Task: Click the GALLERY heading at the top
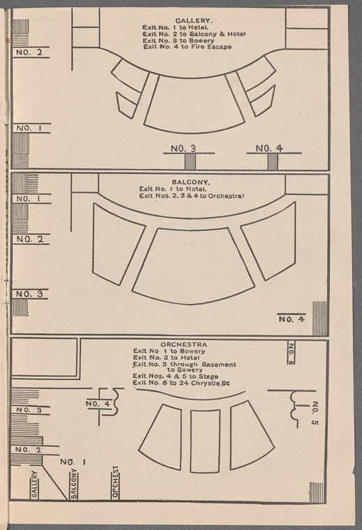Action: [193, 21]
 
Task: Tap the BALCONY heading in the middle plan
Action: [191, 182]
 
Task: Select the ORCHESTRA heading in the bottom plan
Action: [183, 344]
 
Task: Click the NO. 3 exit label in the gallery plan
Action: [183, 149]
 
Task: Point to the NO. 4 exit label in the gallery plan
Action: [269, 149]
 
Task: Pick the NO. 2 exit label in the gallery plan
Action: [29, 52]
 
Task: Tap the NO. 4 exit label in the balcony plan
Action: [292, 319]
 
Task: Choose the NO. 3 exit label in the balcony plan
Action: [30, 294]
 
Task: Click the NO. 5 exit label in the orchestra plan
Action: [315, 413]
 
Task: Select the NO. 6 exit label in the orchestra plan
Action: [291, 353]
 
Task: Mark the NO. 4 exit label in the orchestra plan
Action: [98, 404]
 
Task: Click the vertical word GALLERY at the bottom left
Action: [34, 484]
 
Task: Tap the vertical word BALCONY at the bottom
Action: [74, 484]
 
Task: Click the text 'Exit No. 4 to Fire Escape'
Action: [188, 47]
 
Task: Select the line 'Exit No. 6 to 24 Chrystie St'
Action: [181, 383]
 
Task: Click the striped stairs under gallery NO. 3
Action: [190, 161]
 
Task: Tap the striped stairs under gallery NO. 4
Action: [273, 161]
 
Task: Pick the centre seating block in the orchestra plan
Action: [205, 441]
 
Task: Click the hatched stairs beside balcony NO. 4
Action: [319, 318]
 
